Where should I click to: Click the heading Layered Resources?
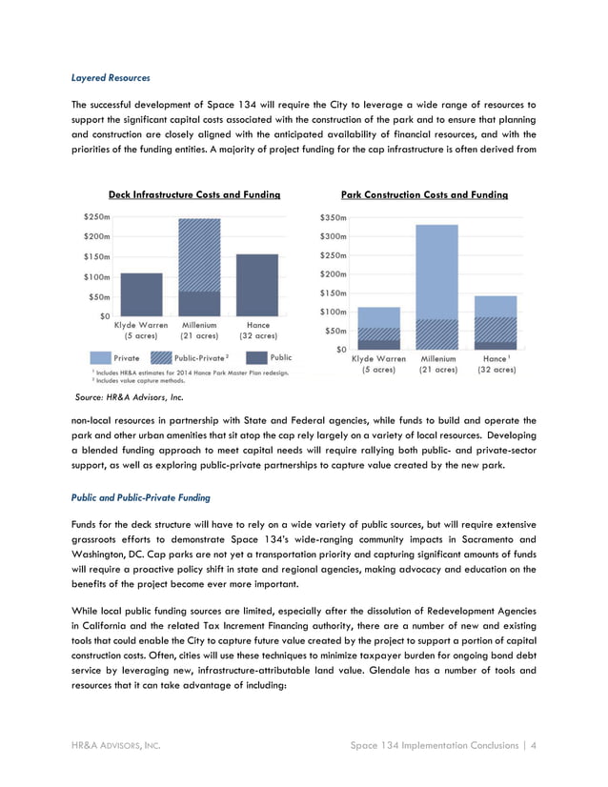click(111, 76)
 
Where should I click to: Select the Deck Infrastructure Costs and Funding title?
click(193, 194)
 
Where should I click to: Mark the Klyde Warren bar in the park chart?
click(378, 328)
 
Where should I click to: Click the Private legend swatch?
click(102, 357)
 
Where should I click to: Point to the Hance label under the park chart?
click(493, 359)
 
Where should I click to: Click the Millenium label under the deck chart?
click(199, 325)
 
